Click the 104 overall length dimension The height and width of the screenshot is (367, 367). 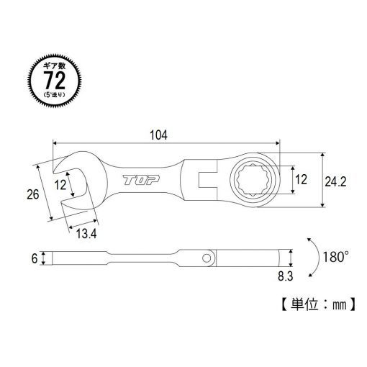click(x=158, y=135)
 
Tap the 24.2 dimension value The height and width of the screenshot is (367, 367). click(x=335, y=182)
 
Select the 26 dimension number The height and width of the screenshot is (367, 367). click(x=33, y=194)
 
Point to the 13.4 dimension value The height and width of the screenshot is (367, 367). click(x=86, y=233)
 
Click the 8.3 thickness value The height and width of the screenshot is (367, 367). click(x=286, y=276)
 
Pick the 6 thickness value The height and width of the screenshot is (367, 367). click(x=35, y=258)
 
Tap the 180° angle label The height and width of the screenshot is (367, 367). click(x=335, y=257)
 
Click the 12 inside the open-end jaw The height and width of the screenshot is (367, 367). click(x=60, y=185)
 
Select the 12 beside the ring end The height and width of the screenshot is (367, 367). click(x=301, y=179)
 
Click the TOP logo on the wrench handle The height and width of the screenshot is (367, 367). click(x=141, y=180)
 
